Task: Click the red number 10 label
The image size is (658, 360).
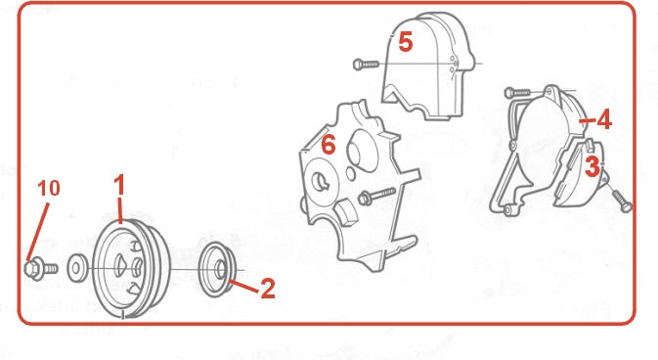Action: click(x=49, y=188)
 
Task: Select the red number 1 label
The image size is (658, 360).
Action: click(x=119, y=185)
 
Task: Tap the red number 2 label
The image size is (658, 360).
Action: click(x=268, y=289)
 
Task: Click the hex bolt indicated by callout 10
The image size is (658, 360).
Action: click(x=41, y=269)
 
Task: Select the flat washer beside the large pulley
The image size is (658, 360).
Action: click(x=77, y=268)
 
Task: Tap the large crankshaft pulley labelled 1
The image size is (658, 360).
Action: click(x=131, y=268)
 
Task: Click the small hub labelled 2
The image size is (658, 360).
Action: click(x=217, y=269)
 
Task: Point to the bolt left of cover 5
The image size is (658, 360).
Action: click(x=366, y=65)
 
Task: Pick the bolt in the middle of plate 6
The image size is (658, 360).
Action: click(x=376, y=196)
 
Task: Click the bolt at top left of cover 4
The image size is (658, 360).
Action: click(x=517, y=92)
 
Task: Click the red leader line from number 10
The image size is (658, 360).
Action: click(x=37, y=232)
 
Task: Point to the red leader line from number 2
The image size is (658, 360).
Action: click(x=243, y=286)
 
